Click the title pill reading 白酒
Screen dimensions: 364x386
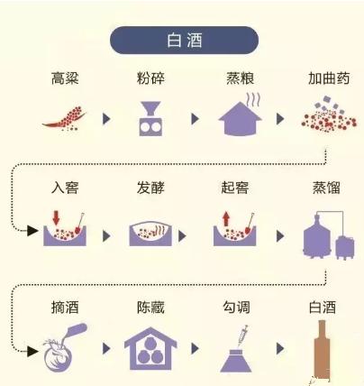pos(184,41)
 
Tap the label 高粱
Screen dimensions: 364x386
pos(65,78)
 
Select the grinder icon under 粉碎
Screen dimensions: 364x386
pos(150,118)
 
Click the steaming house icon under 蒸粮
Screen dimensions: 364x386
pos(240,115)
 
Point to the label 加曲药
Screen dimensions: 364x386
pos(329,78)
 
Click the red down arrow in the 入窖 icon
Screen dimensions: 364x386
pos(56,217)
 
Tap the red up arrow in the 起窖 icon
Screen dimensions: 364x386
pos(226,218)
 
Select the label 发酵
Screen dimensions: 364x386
pos(150,188)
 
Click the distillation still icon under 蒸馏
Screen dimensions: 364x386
pos(329,235)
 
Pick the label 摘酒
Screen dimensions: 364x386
pos(65,308)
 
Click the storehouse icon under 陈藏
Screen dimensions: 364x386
pos(150,349)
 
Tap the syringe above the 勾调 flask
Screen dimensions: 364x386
pos(242,335)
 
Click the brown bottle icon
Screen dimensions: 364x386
pos(322,350)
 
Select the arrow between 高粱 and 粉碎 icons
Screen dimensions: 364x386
pos(106,119)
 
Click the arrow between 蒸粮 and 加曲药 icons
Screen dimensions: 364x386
pos(280,119)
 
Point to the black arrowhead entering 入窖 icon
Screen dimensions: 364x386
pos(32,231)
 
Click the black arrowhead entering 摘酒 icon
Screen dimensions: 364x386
pos(32,351)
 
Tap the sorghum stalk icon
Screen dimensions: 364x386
pos(66,119)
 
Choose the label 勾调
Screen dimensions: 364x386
pos(236,308)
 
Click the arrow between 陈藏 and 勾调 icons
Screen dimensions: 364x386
pos(195,349)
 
